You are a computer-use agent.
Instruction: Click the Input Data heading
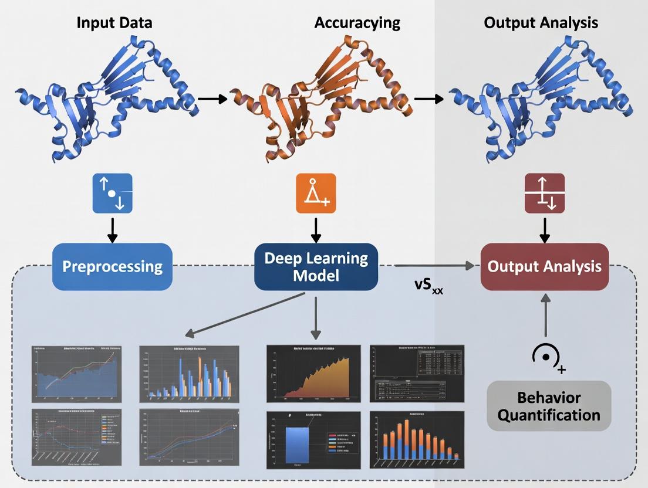114,23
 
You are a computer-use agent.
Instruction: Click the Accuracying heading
357,23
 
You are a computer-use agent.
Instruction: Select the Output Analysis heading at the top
541,23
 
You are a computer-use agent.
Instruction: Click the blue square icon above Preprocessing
113,193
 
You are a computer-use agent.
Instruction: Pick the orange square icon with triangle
316,193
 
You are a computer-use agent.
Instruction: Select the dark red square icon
544,193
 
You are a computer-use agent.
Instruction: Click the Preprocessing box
112,267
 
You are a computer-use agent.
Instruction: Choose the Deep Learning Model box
316,267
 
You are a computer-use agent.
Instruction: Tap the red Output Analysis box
544,267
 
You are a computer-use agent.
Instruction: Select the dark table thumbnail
417,373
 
